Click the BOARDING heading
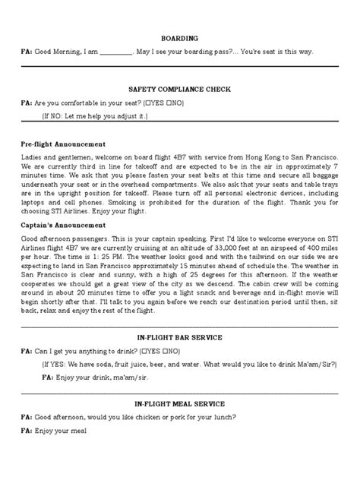click(x=180, y=37)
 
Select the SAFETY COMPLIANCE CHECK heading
click(x=180, y=89)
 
